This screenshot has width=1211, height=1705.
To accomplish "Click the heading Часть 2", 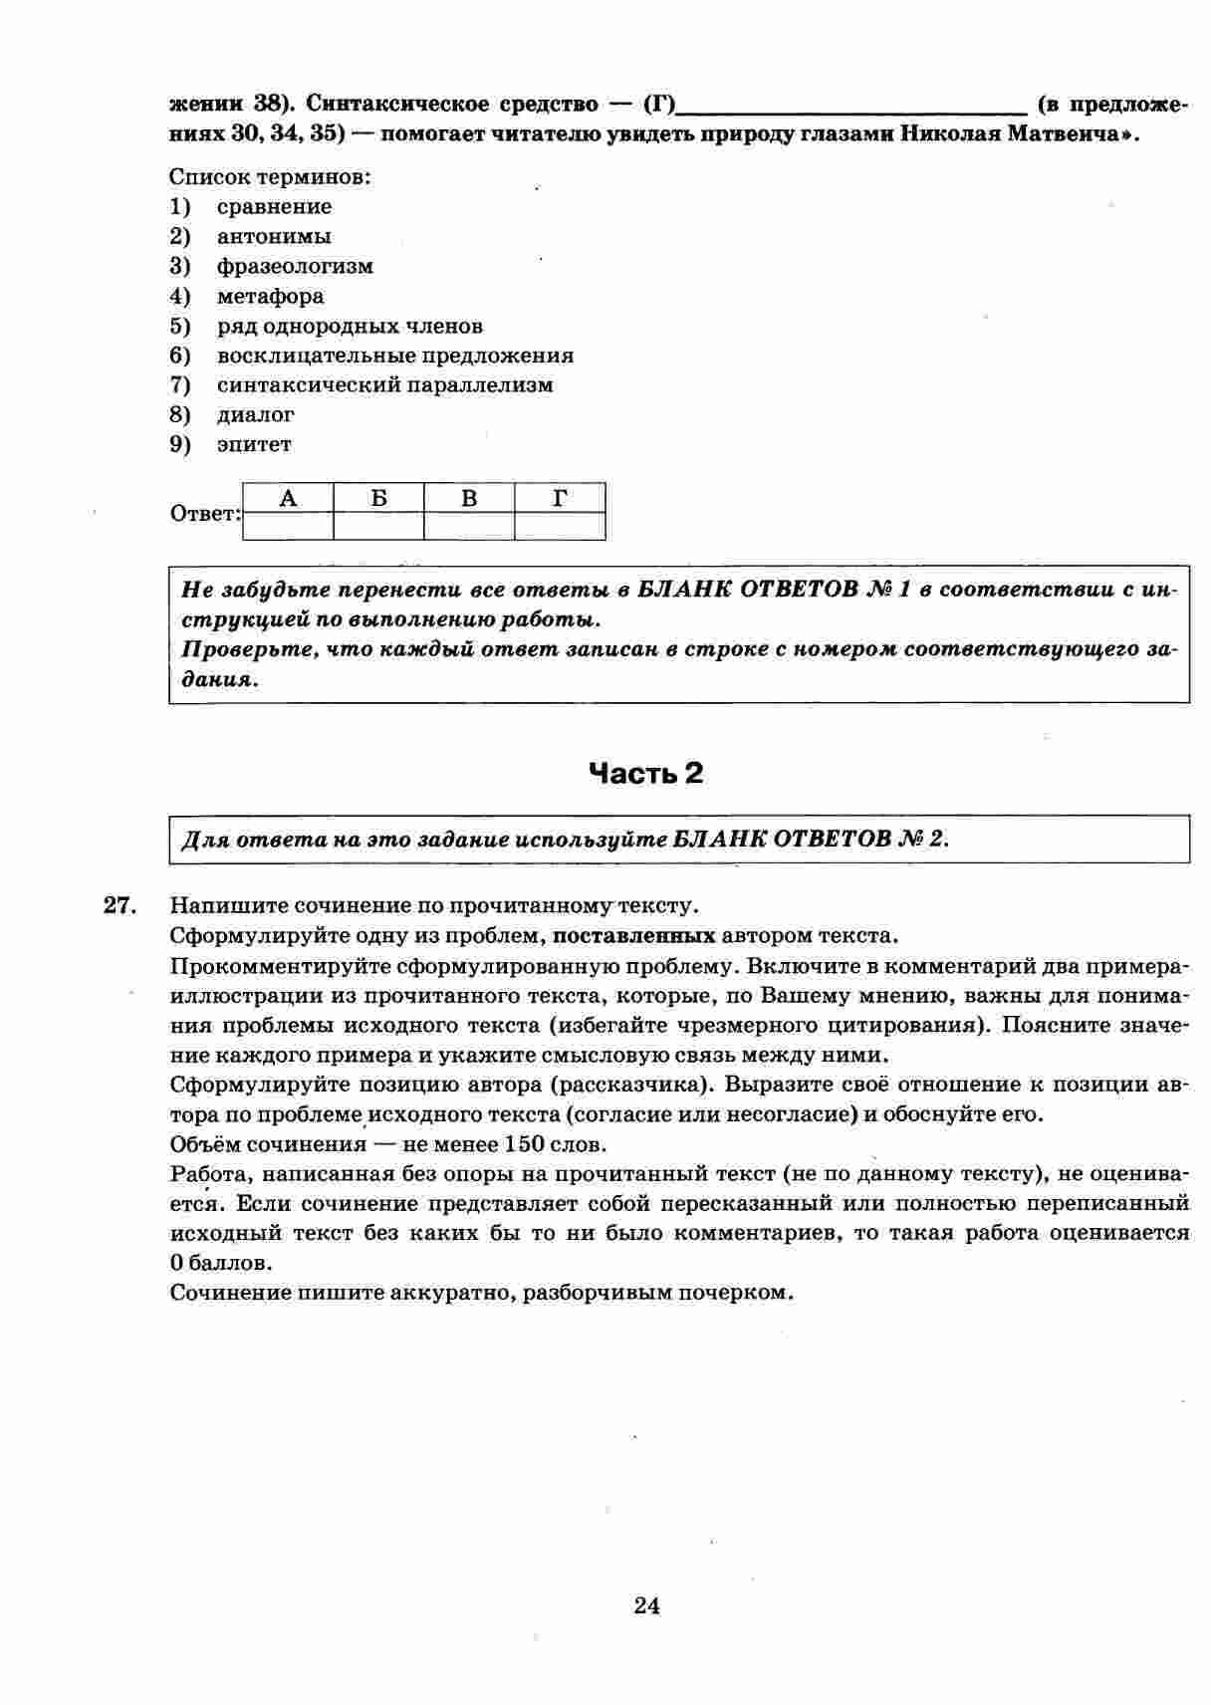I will (x=645, y=773).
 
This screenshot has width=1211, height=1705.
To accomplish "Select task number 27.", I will (x=119, y=905).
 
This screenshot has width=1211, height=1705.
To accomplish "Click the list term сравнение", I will (x=274, y=207).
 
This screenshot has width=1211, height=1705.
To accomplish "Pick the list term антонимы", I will (x=274, y=237).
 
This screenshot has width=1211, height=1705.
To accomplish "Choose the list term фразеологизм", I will (x=295, y=267).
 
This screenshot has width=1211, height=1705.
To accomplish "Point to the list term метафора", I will (x=270, y=297).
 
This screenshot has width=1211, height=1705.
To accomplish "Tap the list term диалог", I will (x=255, y=415).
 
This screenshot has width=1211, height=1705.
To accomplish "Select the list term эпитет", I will (x=254, y=445).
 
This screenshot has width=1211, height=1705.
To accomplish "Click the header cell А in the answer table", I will (x=288, y=498).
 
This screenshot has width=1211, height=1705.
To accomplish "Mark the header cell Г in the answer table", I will (x=560, y=498).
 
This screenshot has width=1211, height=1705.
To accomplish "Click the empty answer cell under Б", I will (x=378, y=526).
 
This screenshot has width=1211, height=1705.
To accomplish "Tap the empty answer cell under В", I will (x=469, y=526).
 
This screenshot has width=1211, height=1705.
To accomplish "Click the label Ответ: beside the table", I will (x=205, y=514).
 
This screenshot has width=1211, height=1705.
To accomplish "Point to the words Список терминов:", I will (x=270, y=177).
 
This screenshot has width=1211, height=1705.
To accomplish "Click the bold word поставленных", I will (x=634, y=936).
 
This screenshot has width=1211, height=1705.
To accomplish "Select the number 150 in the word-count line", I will (x=525, y=1144).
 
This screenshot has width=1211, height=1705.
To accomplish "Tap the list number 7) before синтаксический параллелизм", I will (x=179, y=385).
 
